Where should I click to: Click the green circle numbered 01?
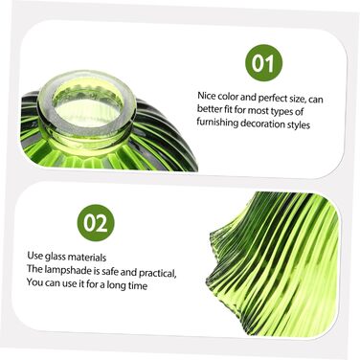(x=263, y=63)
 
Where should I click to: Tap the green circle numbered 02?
(x=96, y=223)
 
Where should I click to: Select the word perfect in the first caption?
(x=273, y=98)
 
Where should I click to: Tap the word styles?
(x=299, y=124)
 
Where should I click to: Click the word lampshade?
(x=67, y=271)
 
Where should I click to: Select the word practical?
(x=158, y=273)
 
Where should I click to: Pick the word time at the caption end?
(x=138, y=285)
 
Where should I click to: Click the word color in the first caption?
(x=228, y=96)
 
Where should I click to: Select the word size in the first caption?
(x=298, y=99)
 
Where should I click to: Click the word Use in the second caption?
(x=34, y=256)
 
